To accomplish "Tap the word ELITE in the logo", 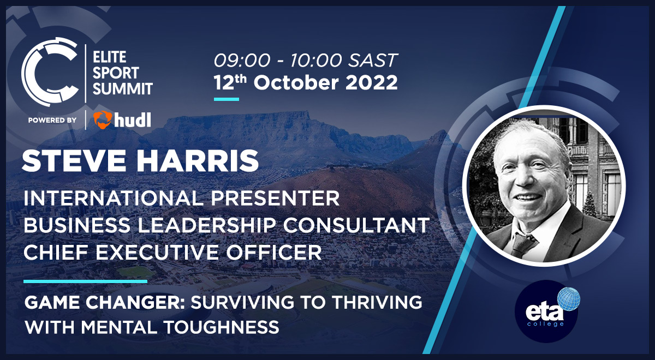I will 109,56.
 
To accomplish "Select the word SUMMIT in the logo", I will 123,88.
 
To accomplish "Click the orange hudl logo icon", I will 103,119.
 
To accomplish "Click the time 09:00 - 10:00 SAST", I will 306,60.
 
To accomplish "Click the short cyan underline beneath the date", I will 226,99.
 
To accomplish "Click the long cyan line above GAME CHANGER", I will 85,281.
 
